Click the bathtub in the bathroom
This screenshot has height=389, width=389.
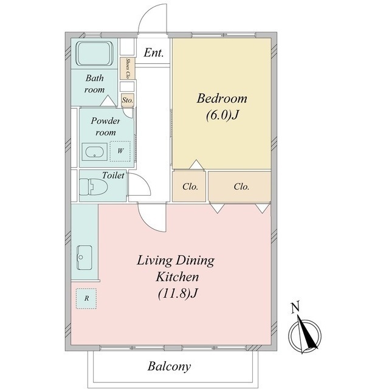pos(95,53)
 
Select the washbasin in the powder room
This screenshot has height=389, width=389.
pos(94,152)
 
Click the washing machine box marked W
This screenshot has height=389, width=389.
pos(120,151)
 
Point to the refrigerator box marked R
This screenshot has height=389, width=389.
pos(86,298)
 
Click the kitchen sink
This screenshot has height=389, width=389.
pos(84,258)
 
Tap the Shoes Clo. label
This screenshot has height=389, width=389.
pos(128,69)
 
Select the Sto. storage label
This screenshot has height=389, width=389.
pos(128,100)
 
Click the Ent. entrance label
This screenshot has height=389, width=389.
pos(154,53)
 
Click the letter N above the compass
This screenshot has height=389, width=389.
pos(295,306)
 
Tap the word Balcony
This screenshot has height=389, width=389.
pos(170,367)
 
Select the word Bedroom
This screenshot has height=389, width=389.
pos(222,98)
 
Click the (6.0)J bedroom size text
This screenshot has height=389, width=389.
pos(222,115)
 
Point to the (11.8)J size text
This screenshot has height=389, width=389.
pos(177,294)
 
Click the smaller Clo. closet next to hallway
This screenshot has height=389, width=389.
pos(190,187)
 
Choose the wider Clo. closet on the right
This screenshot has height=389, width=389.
pos(241,187)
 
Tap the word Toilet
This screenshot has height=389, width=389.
pos(113,176)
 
